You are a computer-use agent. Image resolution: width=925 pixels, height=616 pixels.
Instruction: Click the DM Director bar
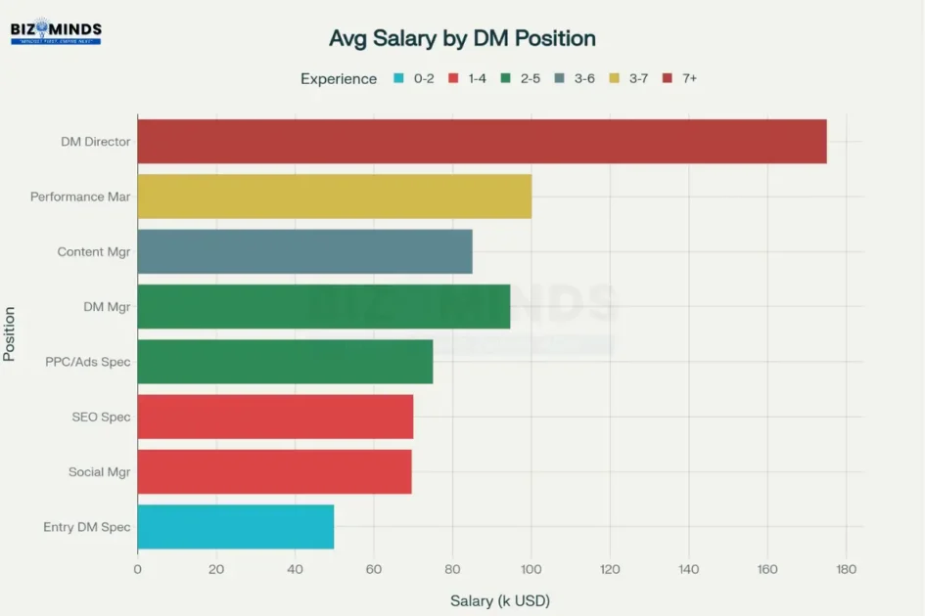tap(482, 142)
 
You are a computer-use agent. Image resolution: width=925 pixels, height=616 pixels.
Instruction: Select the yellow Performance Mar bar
tap(334, 197)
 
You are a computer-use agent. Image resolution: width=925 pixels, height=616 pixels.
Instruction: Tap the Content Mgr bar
tap(304, 251)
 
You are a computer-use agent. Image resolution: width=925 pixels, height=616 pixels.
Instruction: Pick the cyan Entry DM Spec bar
tap(235, 527)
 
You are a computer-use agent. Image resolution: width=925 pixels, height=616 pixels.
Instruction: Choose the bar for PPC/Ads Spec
tap(285, 362)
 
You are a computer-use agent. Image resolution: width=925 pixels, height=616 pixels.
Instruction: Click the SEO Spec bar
tap(275, 418)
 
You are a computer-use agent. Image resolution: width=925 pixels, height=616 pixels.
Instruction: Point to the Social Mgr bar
tap(274, 472)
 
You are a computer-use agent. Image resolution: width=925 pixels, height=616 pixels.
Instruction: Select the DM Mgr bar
tap(323, 307)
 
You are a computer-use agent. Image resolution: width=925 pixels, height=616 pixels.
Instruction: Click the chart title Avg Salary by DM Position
tap(462, 39)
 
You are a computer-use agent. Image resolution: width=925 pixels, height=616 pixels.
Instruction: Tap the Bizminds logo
tap(56, 33)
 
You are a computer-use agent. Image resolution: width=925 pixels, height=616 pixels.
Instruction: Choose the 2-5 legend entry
tap(521, 78)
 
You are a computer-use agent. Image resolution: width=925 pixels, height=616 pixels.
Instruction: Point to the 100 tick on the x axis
tap(531, 569)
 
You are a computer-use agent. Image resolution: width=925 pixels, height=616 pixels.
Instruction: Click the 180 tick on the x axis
tap(846, 569)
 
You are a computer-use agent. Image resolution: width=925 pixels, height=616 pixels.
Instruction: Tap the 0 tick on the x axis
tap(137, 569)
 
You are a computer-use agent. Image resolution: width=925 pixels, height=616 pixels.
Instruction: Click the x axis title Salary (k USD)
tap(493, 600)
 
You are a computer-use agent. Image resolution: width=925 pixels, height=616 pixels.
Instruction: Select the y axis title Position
tap(10, 334)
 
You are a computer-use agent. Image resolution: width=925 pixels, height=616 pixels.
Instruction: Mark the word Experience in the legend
tap(339, 79)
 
